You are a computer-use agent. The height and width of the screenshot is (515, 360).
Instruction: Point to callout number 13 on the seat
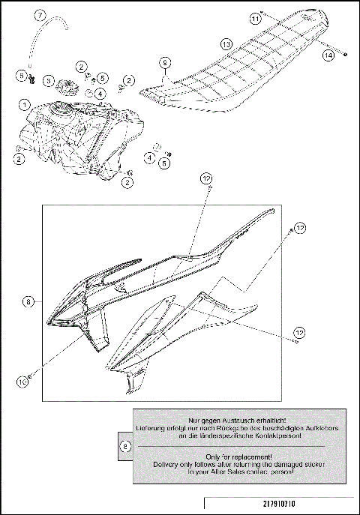coord(224,44)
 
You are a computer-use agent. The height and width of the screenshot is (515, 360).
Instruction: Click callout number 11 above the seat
coord(256,17)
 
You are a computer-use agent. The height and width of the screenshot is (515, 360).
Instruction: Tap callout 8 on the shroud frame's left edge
coord(28,302)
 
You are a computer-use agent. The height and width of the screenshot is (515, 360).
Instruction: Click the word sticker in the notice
coord(308,465)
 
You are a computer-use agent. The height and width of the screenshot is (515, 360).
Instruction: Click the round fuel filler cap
coord(66,84)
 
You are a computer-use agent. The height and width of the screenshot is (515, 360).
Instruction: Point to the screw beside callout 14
coord(344,53)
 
